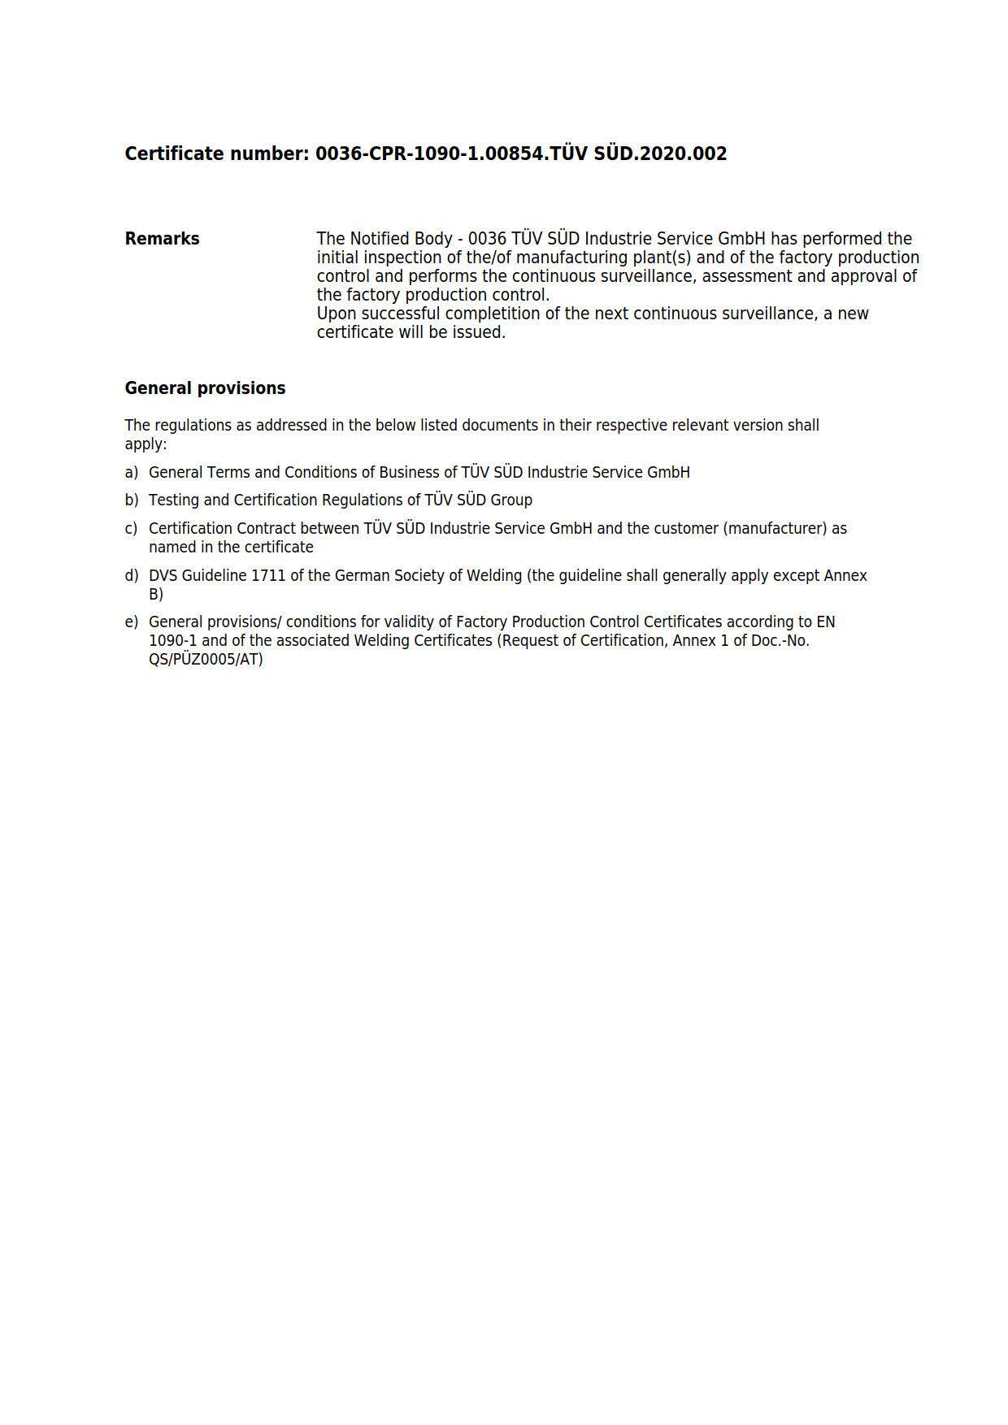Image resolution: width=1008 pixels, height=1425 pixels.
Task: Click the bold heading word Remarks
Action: coord(162,239)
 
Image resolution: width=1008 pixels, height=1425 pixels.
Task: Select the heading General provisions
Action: coord(205,388)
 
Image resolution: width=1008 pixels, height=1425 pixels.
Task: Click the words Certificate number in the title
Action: coord(216,154)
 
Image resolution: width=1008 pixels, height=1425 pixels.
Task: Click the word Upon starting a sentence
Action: coord(337,314)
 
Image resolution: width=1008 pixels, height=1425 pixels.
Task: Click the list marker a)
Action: coord(132,473)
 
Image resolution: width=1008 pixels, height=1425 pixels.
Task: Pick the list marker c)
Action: coord(132,529)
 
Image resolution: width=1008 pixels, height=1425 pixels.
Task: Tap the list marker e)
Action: coord(132,622)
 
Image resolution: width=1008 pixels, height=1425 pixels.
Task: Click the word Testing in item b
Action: coord(173,500)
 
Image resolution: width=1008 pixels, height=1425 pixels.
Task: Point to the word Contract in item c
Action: coord(267,529)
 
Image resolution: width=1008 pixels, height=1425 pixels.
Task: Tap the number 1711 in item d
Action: coord(268,576)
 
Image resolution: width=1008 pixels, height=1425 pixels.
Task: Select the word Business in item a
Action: coord(411,473)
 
